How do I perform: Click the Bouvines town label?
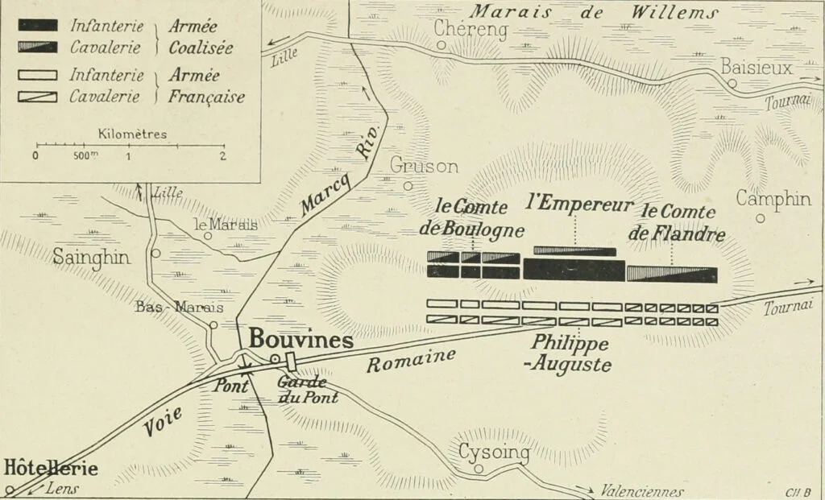(x=301, y=341)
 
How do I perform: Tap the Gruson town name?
(x=424, y=166)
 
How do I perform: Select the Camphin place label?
(x=773, y=198)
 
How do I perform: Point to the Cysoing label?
(x=494, y=453)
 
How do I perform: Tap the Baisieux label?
(x=757, y=67)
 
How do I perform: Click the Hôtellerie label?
(x=51, y=468)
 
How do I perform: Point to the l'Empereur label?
(x=578, y=204)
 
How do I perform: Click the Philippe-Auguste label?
(x=570, y=353)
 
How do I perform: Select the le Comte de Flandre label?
(x=683, y=223)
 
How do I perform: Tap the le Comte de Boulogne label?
(x=472, y=217)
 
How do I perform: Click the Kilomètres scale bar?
(x=130, y=146)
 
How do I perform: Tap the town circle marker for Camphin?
(x=760, y=217)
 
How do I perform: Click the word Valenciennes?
(x=642, y=492)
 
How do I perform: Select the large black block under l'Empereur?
(x=574, y=269)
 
